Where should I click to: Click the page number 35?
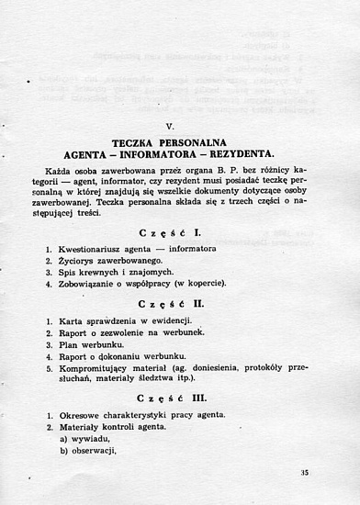(305, 472)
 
